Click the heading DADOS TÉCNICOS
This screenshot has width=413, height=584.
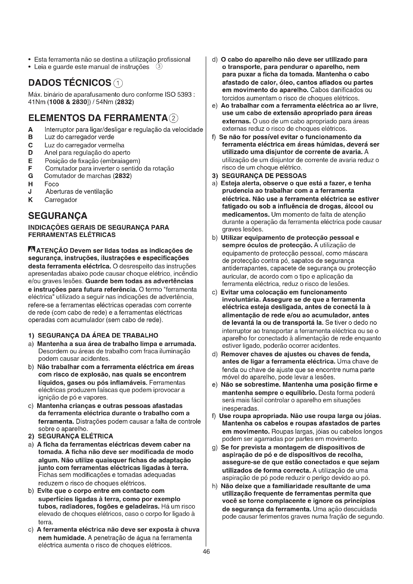(70, 83)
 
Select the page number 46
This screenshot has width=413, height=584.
(206, 552)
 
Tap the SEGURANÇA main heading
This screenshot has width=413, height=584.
(58, 216)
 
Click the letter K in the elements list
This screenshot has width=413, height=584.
(30, 200)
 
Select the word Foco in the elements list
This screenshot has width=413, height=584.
(51, 184)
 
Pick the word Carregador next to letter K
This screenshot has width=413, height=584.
(60, 200)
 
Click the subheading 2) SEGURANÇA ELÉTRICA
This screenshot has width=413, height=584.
(71, 436)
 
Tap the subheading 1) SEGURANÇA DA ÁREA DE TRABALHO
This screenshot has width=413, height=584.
(93, 336)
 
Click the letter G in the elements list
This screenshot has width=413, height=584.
(30, 176)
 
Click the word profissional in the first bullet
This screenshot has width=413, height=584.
(174, 59)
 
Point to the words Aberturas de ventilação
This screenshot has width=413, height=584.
(79, 192)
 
